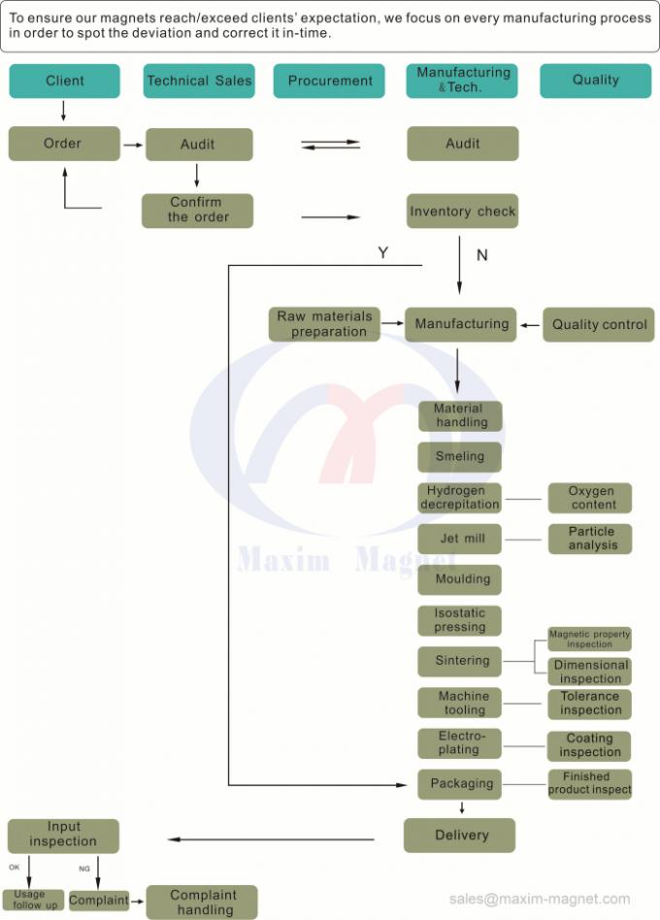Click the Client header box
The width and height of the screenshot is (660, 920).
pos(65,81)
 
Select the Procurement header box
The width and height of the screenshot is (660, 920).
pos(330,81)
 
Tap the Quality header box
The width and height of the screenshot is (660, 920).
pos(595,81)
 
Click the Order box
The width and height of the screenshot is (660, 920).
pos(64,144)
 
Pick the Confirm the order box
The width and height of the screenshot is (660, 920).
pos(198,211)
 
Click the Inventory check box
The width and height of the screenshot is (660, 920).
pos(462,211)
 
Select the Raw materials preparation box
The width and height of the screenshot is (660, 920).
pos(324,324)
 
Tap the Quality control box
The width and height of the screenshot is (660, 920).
pos(599,324)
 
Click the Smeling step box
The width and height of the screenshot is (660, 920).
pos(460,457)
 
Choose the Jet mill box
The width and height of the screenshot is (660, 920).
pos(460,538)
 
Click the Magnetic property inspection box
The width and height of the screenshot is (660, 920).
pos(589,639)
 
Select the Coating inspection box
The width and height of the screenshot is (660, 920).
pos(590,745)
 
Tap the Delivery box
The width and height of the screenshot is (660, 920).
pos(460,835)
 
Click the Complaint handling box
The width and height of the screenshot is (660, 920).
pos(203,903)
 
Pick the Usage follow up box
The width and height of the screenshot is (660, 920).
pos(34,900)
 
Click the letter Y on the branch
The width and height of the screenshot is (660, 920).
pos(382,253)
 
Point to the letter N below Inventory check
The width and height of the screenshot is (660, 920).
pos(481,255)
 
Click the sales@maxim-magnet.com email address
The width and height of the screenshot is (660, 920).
pos(539,899)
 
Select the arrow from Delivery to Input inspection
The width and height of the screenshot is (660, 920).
pos(272,839)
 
